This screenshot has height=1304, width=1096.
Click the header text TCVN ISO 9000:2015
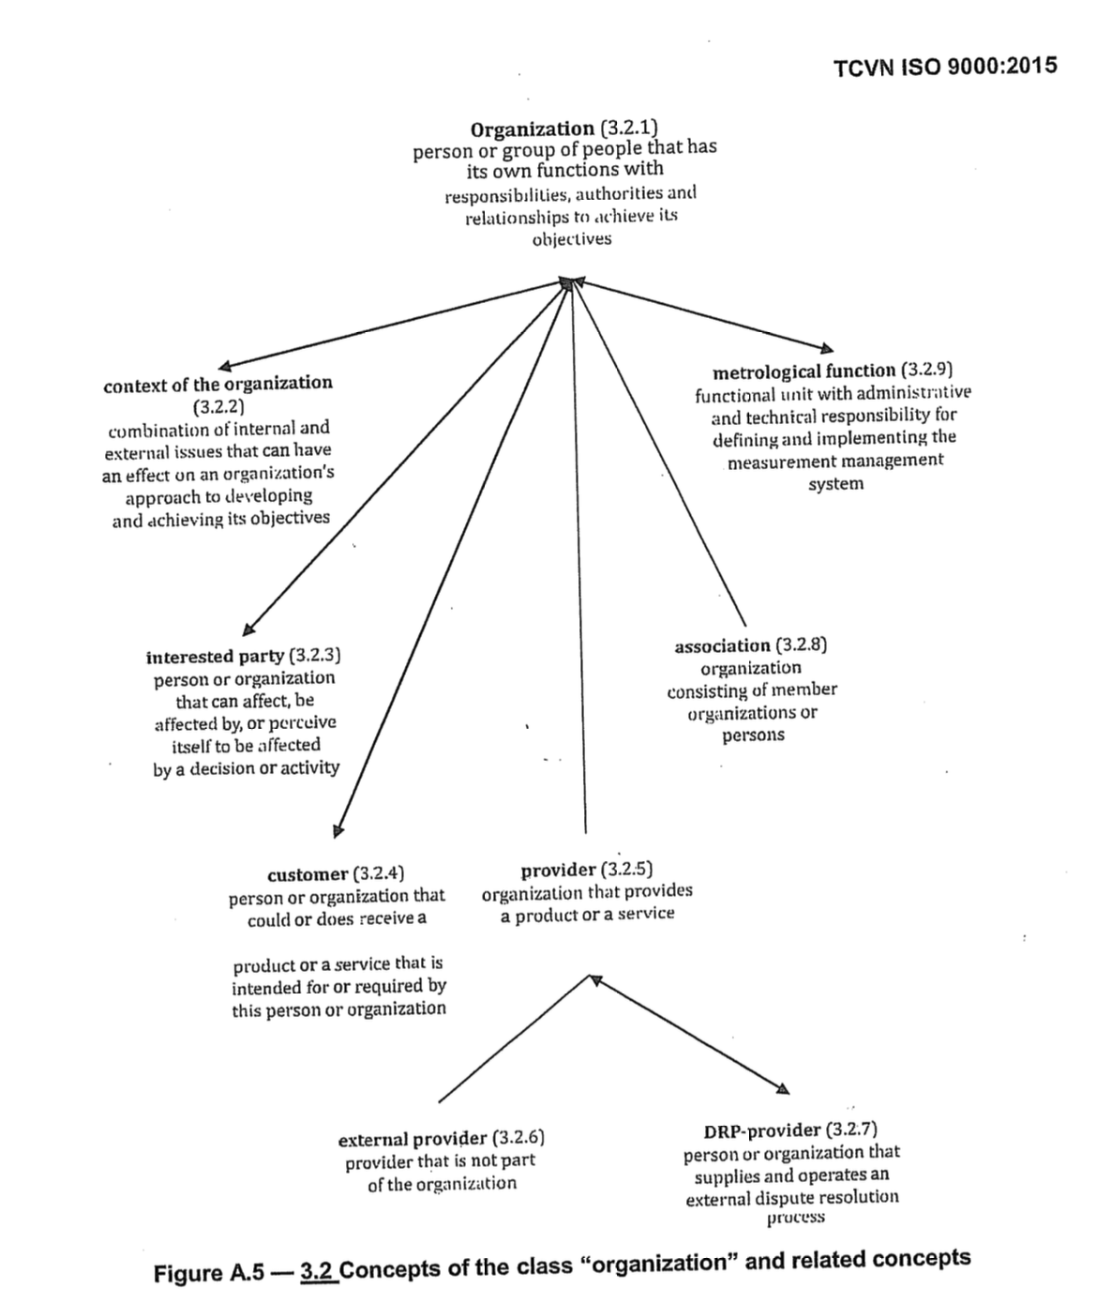point(944,66)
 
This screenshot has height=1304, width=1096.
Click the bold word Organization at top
point(532,129)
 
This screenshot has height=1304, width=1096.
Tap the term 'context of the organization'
point(218,384)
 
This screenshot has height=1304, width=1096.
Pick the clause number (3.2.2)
point(218,407)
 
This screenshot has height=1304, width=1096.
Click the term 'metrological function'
point(803,371)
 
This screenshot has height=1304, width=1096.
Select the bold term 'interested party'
point(215,656)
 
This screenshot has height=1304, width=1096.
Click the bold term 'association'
point(722,646)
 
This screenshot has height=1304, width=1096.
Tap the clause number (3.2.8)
point(802,645)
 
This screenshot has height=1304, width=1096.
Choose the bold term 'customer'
point(307,874)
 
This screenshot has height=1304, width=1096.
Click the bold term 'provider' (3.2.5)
point(558,870)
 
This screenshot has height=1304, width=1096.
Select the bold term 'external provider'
point(412,1140)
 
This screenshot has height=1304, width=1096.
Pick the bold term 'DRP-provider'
point(762,1130)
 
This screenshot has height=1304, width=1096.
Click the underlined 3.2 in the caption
point(317,1271)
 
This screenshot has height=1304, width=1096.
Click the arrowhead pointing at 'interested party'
point(248,629)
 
